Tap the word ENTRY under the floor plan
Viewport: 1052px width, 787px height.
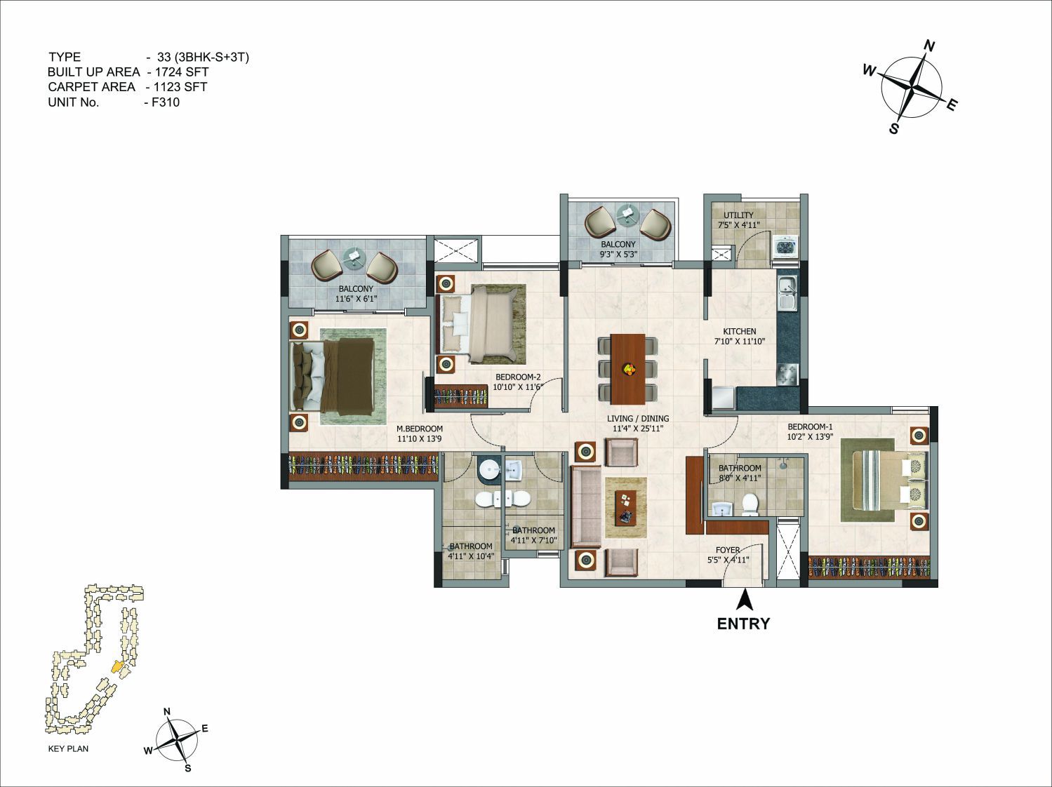743,624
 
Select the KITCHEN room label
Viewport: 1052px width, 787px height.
740,331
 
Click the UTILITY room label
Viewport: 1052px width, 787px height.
738,215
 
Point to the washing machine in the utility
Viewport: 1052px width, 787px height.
785,247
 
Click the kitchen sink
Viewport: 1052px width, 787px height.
787,294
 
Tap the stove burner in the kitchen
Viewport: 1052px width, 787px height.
787,375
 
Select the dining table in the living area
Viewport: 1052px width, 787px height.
628,370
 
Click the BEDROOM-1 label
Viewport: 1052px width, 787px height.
810,426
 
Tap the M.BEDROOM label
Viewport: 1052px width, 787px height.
420,429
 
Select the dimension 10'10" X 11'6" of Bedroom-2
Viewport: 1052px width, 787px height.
518,386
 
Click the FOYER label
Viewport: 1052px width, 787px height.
728,550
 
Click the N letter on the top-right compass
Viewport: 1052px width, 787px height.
928,46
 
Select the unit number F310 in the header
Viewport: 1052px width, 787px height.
166,102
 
